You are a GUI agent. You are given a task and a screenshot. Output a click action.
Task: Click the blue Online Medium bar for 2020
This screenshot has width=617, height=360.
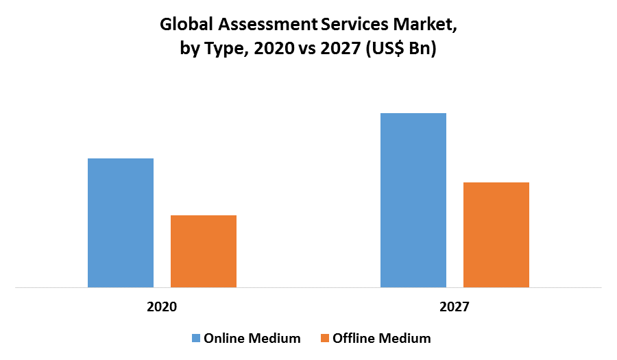(121, 223)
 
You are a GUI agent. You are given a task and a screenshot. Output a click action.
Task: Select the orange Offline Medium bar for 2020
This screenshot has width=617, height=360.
(204, 251)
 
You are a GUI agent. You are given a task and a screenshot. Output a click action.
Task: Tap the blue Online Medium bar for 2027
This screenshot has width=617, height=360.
(413, 200)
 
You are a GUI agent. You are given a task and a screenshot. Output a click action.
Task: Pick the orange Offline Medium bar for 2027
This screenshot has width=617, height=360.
(496, 235)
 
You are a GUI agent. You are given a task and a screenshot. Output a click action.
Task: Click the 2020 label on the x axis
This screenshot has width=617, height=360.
(162, 307)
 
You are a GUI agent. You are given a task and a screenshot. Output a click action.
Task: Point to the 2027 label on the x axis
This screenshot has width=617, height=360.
(455, 307)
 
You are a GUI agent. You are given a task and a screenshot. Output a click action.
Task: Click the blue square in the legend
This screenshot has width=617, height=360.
(195, 338)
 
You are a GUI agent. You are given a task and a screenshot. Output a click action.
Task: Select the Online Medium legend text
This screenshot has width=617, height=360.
(252, 338)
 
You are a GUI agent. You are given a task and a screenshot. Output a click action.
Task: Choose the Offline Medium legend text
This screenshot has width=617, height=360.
(382, 338)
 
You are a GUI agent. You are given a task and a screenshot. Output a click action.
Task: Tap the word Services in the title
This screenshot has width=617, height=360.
(354, 25)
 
